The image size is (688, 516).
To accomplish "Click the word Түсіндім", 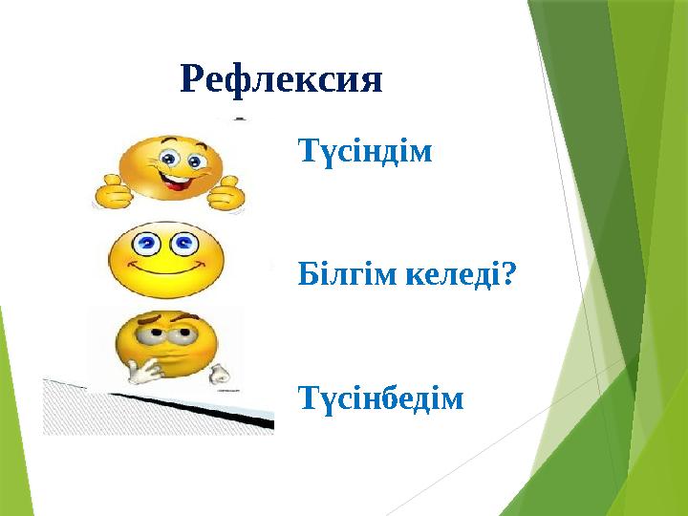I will pos(365,152).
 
